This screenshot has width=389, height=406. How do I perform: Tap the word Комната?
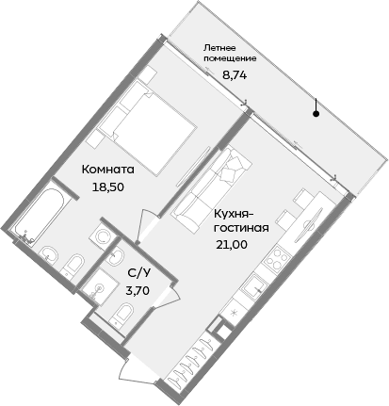pyautogui.click(x=108, y=171)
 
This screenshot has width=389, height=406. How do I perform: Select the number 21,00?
pyautogui.click(x=235, y=244)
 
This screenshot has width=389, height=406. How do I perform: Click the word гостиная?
pyautogui.click(x=241, y=228)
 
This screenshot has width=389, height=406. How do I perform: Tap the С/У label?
pyautogui.click(x=137, y=273)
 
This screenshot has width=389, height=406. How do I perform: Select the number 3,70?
pyautogui.click(x=137, y=290)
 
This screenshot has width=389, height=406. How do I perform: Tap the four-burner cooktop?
pyautogui.click(x=282, y=258)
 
